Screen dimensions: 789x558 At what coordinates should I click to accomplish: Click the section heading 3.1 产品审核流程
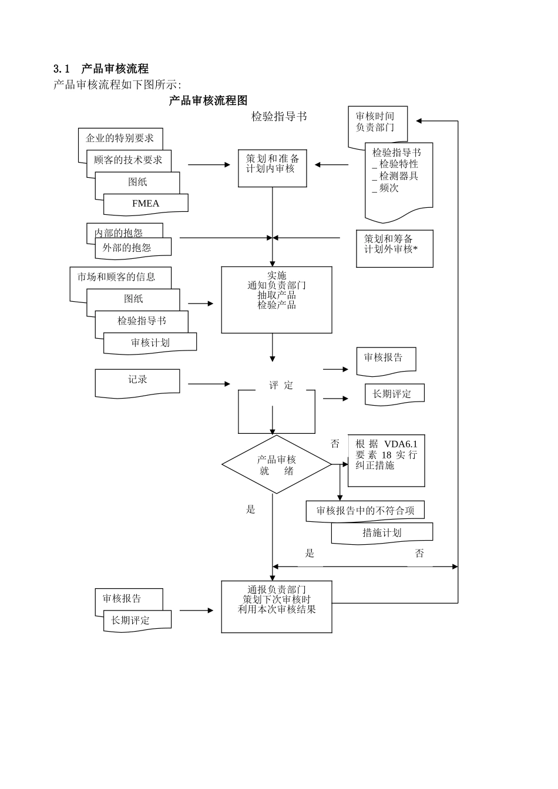tap(100, 69)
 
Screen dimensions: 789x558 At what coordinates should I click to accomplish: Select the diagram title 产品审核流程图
tap(208, 100)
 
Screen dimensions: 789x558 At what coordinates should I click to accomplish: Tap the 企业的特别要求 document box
tap(120, 139)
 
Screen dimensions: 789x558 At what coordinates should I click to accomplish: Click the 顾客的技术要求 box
tap(128, 160)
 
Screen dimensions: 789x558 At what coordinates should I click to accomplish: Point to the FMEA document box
tap(146, 204)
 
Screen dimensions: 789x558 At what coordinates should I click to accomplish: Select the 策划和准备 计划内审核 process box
tap(273, 168)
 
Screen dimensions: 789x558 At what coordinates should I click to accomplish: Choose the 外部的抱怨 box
tap(133, 248)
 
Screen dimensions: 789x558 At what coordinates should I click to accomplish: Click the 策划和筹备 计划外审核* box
tap(394, 248)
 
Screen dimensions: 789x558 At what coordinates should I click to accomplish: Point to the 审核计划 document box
tap(150, 343)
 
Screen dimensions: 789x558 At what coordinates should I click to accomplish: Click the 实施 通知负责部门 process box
tap(276, 299)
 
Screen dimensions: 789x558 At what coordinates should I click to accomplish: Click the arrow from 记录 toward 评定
tap(209, 384)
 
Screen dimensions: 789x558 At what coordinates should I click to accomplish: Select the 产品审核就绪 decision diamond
tap(276, 464)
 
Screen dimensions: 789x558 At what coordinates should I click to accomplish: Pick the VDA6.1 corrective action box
tap(386, 460)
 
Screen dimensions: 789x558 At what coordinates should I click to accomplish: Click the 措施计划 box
tap(382, 532)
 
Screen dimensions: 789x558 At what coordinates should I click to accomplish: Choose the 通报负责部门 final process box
tap(276, 606)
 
